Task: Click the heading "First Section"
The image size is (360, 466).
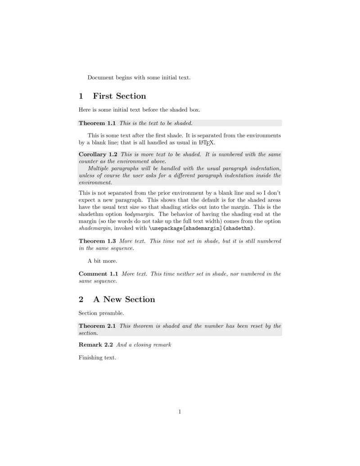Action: click(x=119, y=96)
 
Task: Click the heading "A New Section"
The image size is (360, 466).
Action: click(x=124, y=299)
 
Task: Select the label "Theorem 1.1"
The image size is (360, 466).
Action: click(x=97, y=123)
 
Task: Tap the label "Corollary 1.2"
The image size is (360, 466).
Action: click(x=98, y=154)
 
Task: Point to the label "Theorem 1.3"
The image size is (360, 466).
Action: click(x=97, y=241)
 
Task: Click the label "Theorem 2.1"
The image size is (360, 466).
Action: click(x=97, y=326)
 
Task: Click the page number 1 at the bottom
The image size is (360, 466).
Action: click(x=180, y=411)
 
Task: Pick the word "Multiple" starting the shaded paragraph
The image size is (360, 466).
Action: click(x=99, y=168)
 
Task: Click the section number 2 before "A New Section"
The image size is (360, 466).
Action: click(x=81, y=299)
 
